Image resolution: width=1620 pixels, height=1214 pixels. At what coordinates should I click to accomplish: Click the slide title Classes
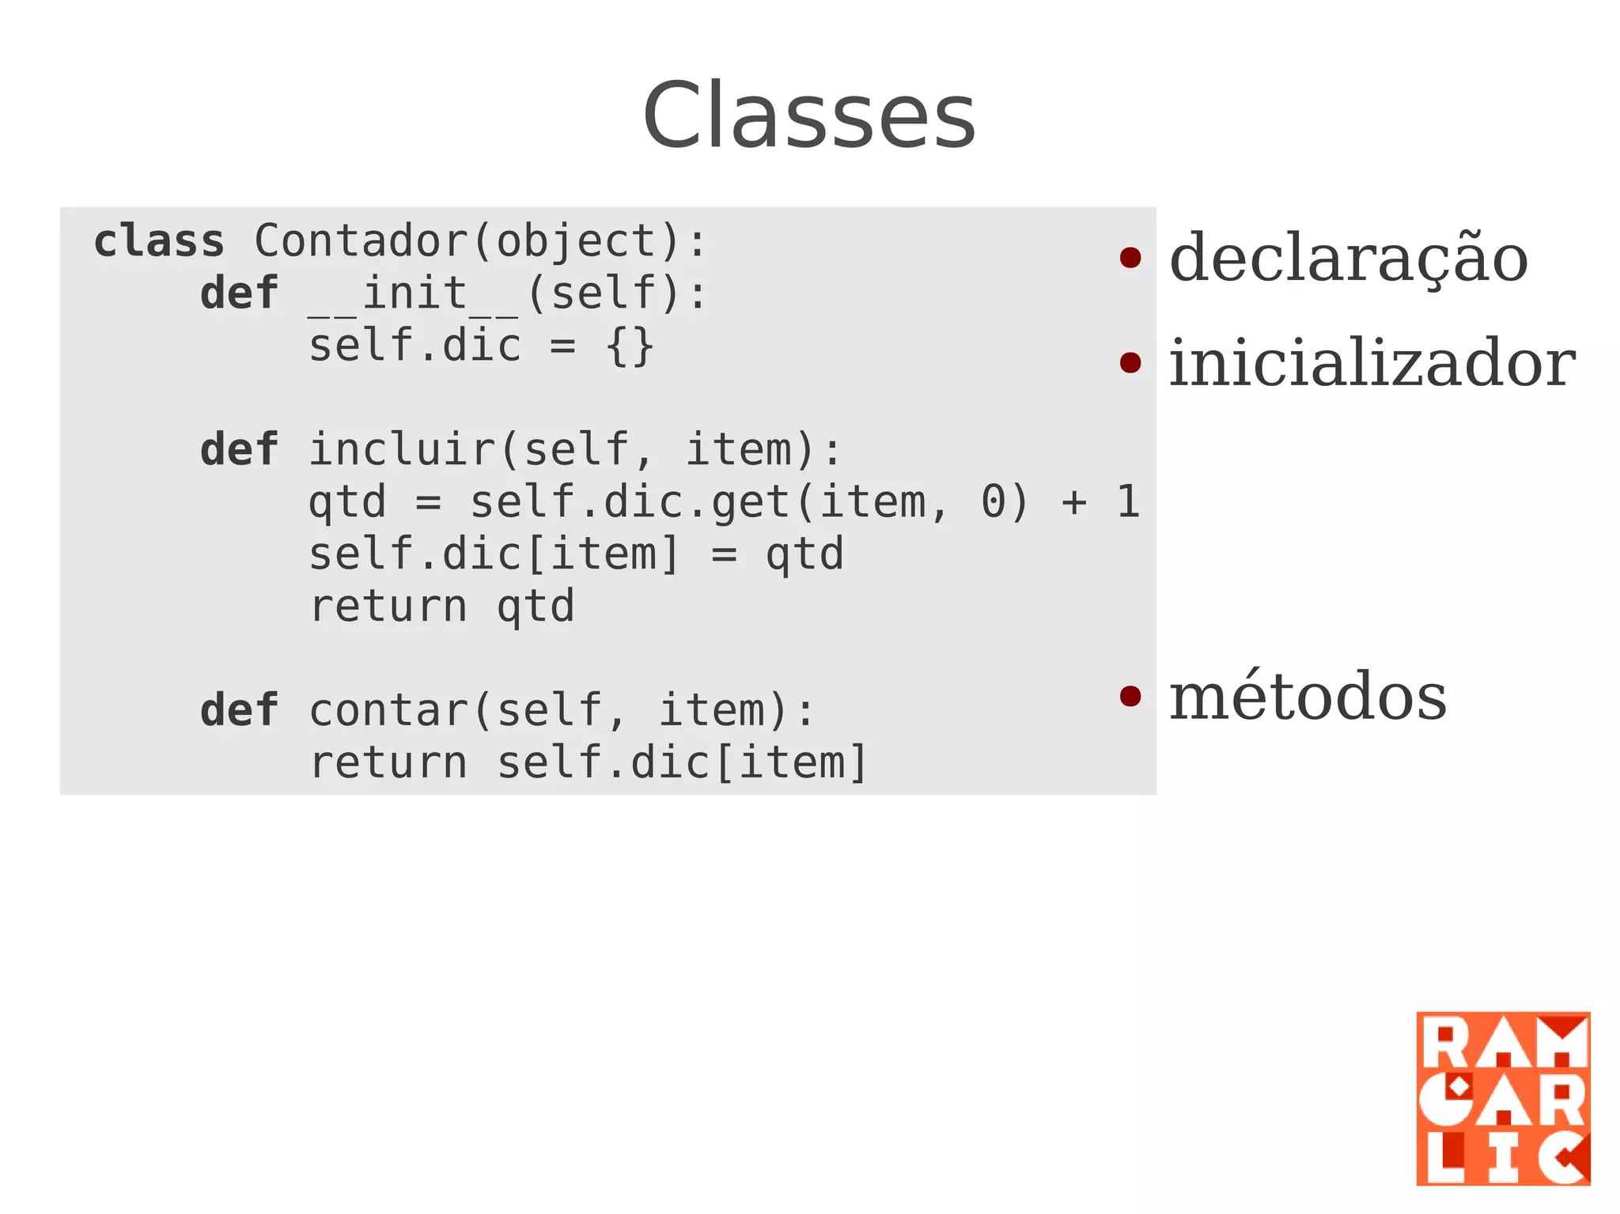[808, 116]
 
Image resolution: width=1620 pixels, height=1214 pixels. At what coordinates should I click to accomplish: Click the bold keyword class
[159, 241]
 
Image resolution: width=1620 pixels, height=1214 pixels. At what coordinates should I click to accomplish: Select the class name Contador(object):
[479, 241]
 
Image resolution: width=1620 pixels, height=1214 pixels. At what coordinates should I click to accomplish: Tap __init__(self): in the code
[506, 293]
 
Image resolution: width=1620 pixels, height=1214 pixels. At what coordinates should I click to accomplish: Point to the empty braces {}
[630, 346]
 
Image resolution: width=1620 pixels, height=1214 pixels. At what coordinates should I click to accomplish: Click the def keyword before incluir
[239, 450]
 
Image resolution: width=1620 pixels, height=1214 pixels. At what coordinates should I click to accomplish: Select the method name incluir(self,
[481, 450]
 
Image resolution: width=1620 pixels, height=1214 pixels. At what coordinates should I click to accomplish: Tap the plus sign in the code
[1073, 502]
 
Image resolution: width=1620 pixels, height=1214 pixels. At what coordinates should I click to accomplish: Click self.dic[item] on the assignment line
[494, 554]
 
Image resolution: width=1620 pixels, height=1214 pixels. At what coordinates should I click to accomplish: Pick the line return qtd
[441, 607]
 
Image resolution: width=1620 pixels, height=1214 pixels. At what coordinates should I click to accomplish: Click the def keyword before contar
[239, 710]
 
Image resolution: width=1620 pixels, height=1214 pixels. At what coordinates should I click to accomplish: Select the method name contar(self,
[467, 710]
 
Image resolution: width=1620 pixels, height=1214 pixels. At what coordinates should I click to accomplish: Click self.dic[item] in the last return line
[682, 762]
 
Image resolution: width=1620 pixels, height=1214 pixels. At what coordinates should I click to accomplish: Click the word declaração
[1348, 259]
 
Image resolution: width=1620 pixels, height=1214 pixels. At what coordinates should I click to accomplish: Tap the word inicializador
[1372, 363]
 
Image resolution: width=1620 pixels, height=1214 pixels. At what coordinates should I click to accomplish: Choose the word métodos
[1308, 697]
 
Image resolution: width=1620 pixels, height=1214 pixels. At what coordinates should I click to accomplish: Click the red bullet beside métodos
[1130, 696]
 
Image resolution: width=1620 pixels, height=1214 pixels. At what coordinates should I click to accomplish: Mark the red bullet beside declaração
[1130, 258]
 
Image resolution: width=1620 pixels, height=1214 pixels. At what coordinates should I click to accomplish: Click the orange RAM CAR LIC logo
[1502, 1098]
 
